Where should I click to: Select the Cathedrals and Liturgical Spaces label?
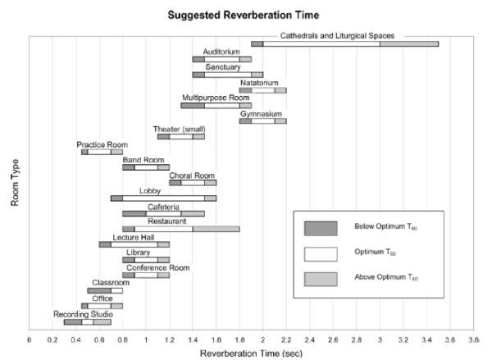click(348, 35)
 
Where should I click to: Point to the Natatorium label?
click(262, 82)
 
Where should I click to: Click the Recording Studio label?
click(84, 314)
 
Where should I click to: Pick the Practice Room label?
click(102, 144)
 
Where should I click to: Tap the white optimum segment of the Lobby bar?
click(163, 198)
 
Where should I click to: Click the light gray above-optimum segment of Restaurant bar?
click(216, 229)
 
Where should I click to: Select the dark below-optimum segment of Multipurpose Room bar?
click(193, 105)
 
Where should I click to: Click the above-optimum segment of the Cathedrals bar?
click(408, 43)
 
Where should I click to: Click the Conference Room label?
click(157, 267)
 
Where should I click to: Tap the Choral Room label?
click(192, 175)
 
